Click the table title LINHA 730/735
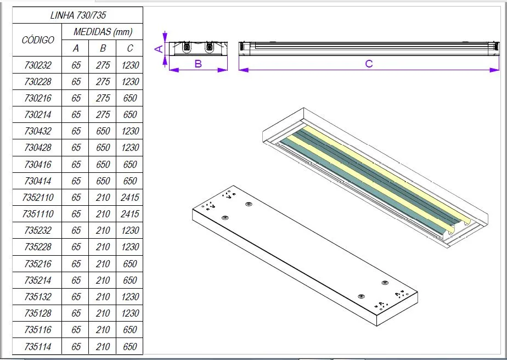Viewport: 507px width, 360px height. pos(77,15)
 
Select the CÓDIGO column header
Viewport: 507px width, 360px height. pos(38,40)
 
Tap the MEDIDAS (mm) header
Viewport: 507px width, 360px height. pos(103,32)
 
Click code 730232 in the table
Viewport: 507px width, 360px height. pos(38,65)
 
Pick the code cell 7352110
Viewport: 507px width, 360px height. pos(38,198)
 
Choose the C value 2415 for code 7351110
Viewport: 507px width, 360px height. pos(130,214)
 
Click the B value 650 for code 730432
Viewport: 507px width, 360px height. pos(103,131)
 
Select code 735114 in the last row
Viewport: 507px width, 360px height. pos(38,347)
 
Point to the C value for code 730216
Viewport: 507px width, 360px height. pos(130,98)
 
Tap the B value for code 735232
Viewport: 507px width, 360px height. pos(103,230)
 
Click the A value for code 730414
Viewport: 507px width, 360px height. pos(76,181)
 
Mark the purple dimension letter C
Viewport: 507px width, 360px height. pos(369,64)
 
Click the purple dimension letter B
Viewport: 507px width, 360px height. pos(198,64)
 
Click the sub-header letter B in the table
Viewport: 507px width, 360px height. pos(103,48)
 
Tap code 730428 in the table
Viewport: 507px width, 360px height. pos(38,148)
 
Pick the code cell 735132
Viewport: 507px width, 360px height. pos(38,297)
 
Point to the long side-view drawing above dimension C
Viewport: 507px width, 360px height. pos(369,48)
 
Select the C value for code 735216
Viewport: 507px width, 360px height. pos(130,264)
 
